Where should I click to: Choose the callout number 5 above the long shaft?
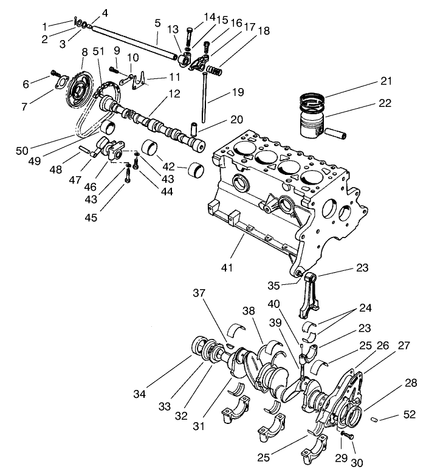157,23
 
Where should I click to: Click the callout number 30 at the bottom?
357,463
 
